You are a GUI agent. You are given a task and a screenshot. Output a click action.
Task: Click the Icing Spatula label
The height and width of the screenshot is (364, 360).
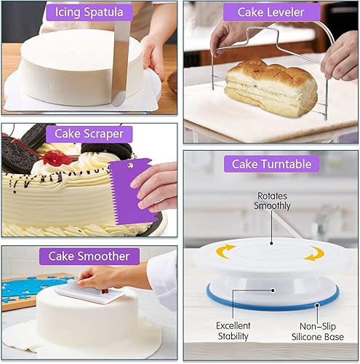(89, 12)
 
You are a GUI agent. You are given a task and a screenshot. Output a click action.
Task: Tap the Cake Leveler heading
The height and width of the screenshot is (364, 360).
(271, 12)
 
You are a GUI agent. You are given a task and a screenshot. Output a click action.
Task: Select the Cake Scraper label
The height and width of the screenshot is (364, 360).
(89, 134)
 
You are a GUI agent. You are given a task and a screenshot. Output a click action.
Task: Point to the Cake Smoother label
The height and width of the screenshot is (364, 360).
(89, 256)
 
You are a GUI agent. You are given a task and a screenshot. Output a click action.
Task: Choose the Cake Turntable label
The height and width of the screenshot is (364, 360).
(271, 164)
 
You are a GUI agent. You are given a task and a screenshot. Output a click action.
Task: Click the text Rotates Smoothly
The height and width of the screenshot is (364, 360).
(272, 201)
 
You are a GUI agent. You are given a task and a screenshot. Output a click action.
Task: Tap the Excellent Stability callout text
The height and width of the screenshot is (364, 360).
(233, 331)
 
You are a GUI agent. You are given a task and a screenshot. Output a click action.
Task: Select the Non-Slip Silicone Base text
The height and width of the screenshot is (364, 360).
(318, 332)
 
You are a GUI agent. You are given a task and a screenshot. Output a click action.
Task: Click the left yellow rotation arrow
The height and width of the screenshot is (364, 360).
(225, 251)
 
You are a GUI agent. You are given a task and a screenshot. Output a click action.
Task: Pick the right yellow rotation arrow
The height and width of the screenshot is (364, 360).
(315, 253)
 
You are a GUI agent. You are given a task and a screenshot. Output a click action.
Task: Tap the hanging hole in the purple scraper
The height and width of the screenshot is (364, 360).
(130, 165)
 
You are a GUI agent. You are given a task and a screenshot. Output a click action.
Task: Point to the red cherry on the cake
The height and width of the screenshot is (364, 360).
(56, 157)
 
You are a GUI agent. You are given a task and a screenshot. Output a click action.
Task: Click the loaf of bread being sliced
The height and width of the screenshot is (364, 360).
(271, 88)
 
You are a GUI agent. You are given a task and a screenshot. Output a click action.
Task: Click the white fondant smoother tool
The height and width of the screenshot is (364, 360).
(89, 291)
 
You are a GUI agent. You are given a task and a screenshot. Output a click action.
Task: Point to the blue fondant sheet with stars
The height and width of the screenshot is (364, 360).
(31, 289)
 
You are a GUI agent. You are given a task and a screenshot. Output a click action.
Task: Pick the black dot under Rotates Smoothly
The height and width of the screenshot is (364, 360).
(271, 243)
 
